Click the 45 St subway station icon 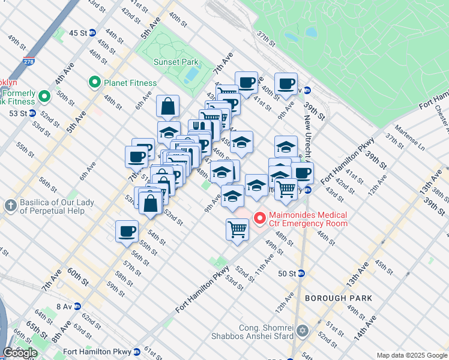click(92, 33)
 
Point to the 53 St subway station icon click(32, 113)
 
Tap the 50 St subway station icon click(301, 273)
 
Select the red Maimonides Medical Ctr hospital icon click(260, 218)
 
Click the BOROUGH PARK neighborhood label click(338, 298)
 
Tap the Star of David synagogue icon click(303, 331)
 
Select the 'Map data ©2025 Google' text click(412, 355)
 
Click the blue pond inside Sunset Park click(191, 74)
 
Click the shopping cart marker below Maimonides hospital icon click(238, 229)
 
